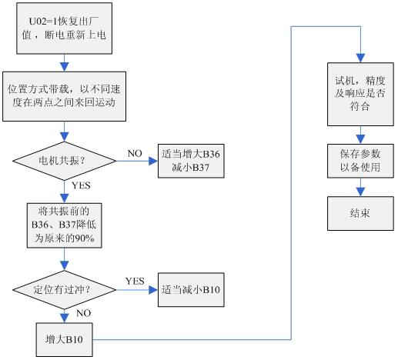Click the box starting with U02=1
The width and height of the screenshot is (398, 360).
[x=65, y=28]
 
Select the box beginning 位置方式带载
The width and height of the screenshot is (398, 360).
[x=64, y=96]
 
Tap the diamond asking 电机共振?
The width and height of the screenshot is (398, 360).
[x=65, y=161]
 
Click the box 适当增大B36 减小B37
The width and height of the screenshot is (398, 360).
[x=191, y=161]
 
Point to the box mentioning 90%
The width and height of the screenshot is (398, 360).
[x=65, y=225]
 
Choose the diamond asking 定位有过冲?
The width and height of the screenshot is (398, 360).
[x=65, y=290]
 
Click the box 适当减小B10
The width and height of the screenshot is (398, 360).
[x=191, y=290]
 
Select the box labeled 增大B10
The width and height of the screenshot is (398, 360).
[x=65, y=339]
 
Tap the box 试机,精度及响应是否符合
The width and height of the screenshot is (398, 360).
[x=360, y=94]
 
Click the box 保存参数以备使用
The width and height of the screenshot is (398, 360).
[x=360, y=161]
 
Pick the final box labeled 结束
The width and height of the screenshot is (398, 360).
[x=360, y=213]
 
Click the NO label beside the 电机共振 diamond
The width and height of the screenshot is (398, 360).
[x=135, y=154]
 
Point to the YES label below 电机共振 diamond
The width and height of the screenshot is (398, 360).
[x=81, y=185]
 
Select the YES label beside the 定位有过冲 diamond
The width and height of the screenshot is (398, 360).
[x=135, y=281]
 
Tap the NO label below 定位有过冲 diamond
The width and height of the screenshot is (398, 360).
[x=84, y=313]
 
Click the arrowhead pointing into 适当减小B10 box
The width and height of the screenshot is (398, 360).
[x=153, y=290]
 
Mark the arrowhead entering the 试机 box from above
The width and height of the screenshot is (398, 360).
[x=360, y=58]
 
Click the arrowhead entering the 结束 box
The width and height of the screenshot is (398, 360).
[x=360, y=192]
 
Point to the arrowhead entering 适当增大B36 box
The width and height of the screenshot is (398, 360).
[x=153, y=161]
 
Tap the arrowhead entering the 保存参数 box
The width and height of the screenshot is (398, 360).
[x=360, y=139]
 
